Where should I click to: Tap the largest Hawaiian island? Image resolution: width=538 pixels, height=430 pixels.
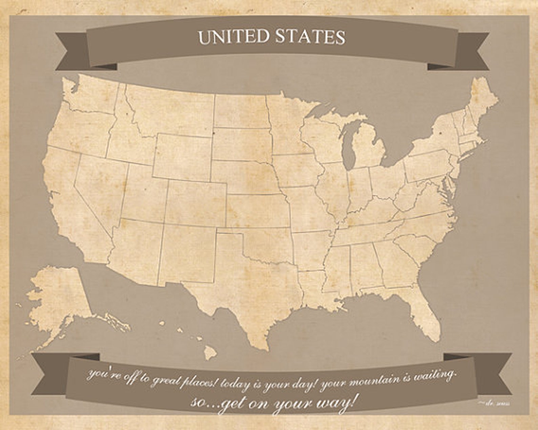(x=210, y=352)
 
